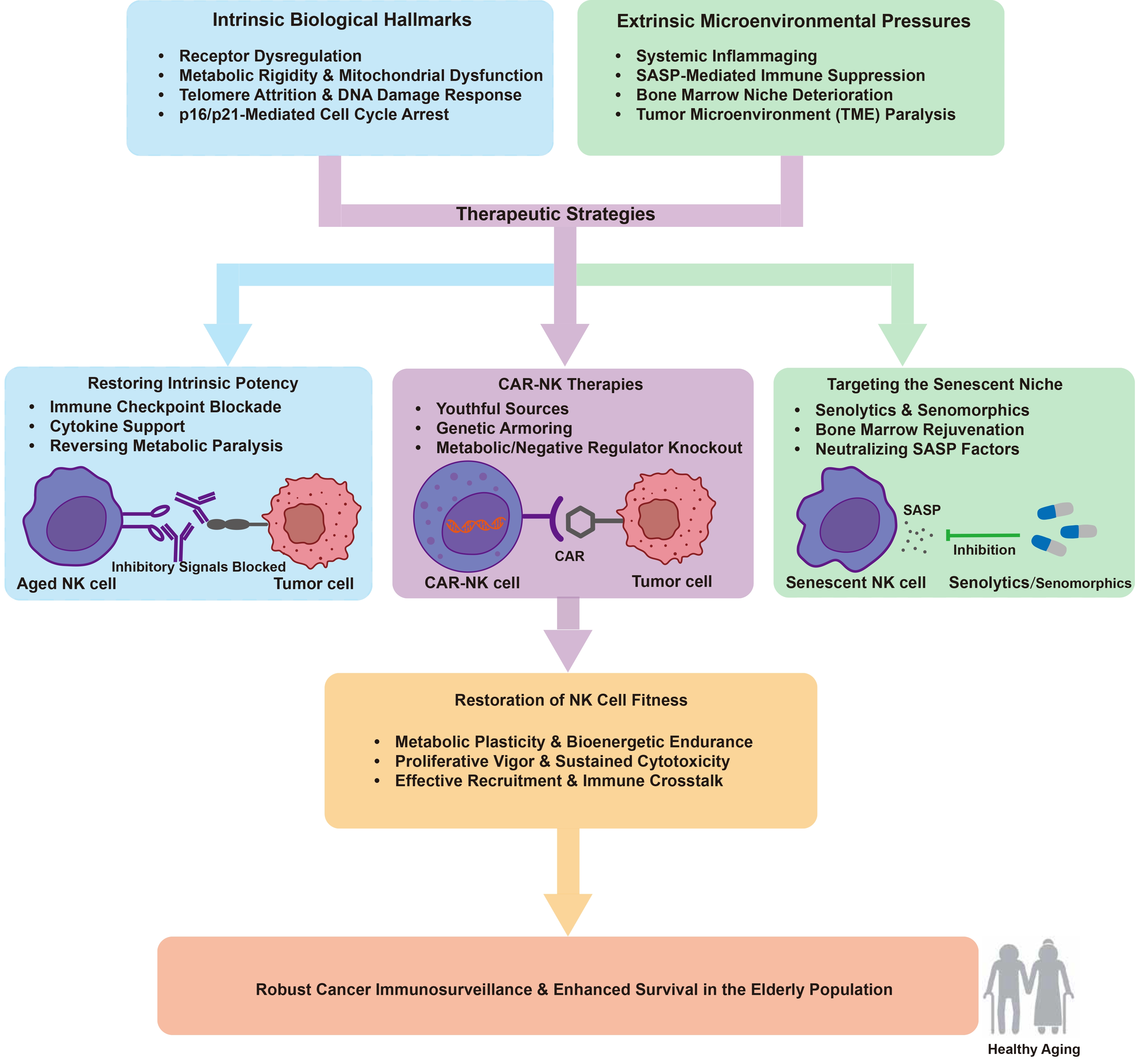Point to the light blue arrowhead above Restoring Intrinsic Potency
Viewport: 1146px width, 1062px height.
point(228,344)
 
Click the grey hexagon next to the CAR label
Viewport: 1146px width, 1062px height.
point(580,522)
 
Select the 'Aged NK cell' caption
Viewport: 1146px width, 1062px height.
point(67,584)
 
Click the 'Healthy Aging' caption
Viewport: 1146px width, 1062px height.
point(1033,1049)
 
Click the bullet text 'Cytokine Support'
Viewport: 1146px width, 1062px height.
point(117,426)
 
